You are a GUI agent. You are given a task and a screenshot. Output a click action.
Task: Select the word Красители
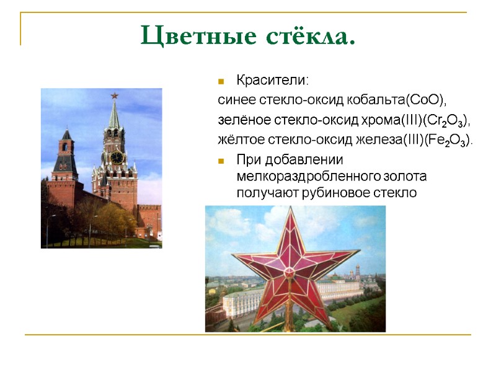[272, 81]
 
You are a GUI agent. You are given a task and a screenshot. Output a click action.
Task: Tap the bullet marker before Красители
[221, 81]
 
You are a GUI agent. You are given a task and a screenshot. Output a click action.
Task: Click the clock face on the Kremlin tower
[116, 157]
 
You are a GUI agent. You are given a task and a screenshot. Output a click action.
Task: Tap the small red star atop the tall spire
[114, 95]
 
